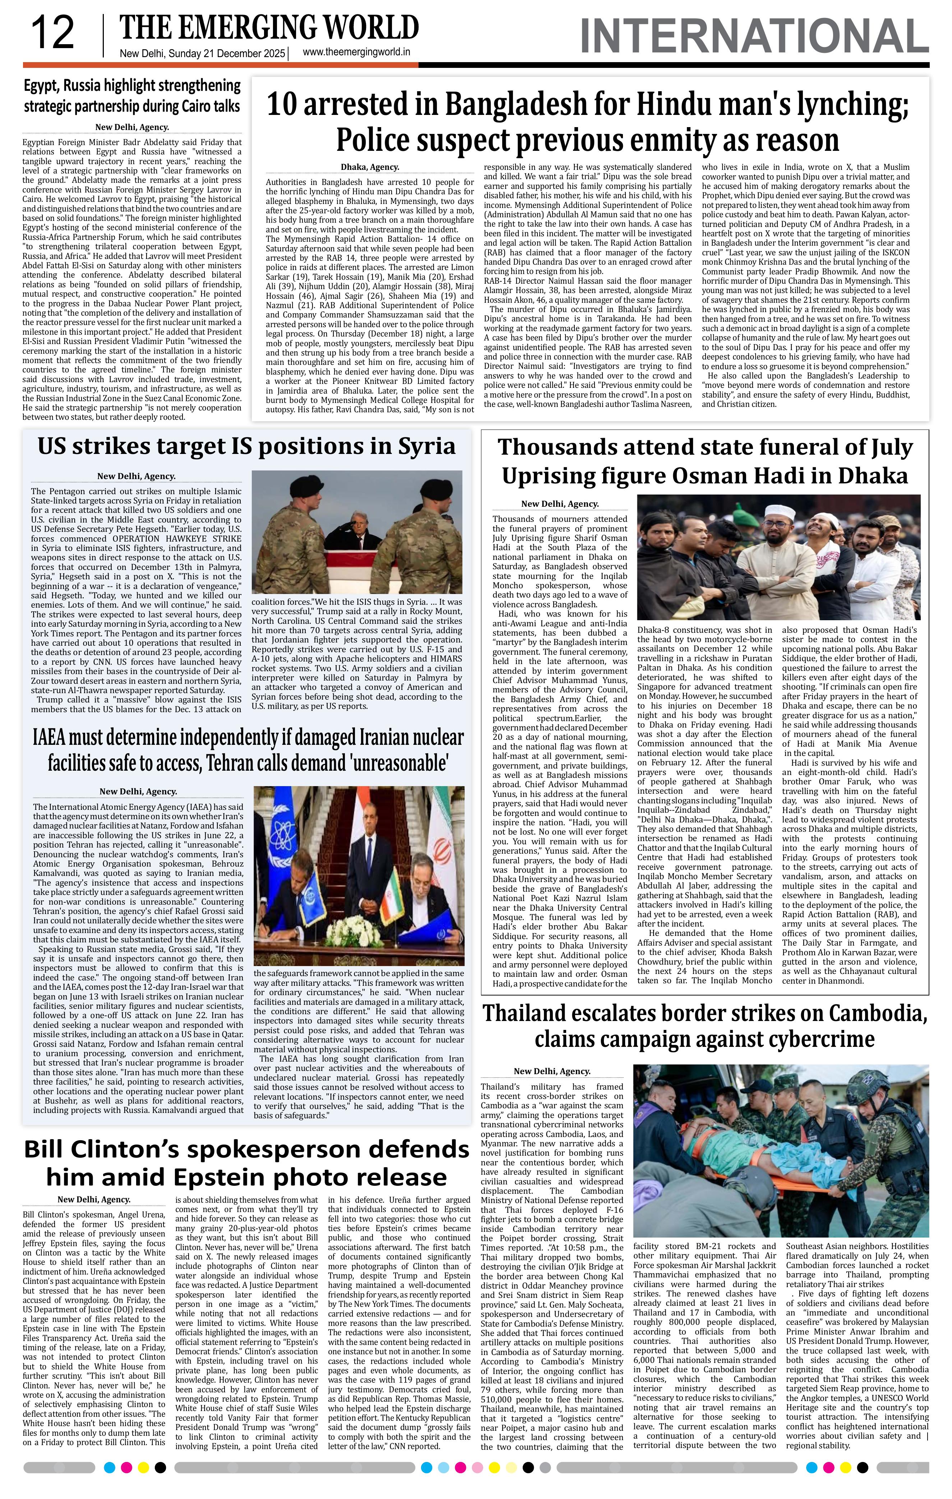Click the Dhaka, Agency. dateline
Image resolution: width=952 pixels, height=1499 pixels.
pos(370,167)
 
